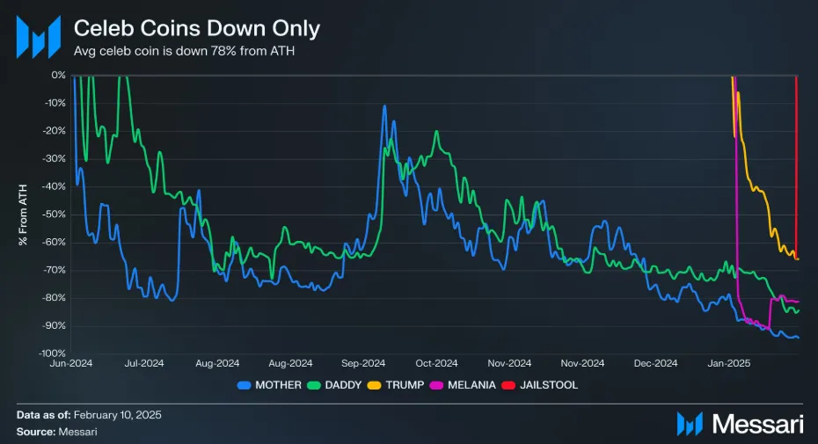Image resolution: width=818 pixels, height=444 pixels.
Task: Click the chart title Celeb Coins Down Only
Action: pyautogui.click(x=196, y=28)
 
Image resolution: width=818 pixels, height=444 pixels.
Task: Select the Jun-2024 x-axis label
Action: pyautogui.click(x=72, y=363)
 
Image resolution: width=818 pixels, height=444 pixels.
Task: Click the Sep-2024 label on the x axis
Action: pyautogui.click(x=363, y=363)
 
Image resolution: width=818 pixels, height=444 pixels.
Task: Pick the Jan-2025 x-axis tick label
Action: pyautogui.click(x=727, y=363)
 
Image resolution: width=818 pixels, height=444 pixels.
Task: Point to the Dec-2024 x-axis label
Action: pyautogui.click(x=654, y=363)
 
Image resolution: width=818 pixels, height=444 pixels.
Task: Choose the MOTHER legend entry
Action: pyautogui.click(x=271, y=385)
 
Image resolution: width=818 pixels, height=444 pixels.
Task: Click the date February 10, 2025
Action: pyautogui.click(x=118, y=414)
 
